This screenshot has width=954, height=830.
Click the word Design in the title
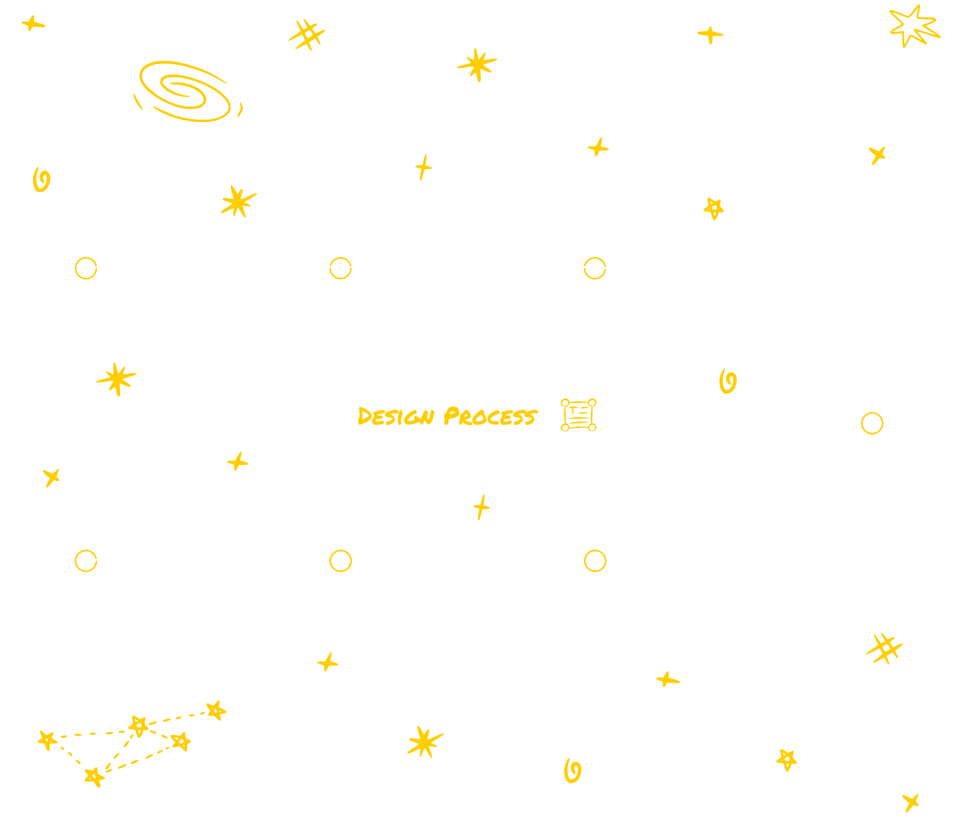pos(396,416)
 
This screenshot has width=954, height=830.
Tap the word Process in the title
pos(491,416)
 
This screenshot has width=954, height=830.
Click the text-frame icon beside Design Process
pos(579,415)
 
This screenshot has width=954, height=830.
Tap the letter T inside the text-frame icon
pos(573,410)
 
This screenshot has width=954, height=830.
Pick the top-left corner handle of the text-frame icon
pos(565,403)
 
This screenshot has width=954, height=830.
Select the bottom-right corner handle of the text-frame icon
pos(592,427)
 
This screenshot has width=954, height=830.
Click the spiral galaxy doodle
pos(188,91)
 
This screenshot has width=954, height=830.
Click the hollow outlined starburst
pos(914,26)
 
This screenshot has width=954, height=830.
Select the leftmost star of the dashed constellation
pos(47,741)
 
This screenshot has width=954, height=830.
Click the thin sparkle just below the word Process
pos(481,507)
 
